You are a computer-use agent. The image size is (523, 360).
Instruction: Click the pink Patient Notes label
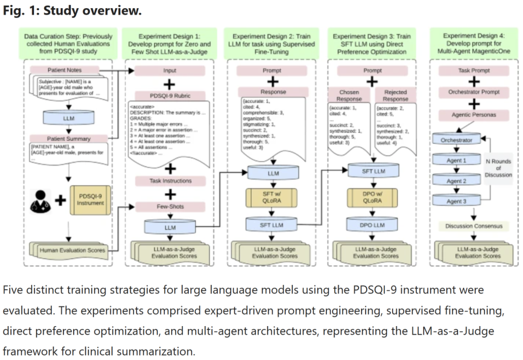pyautogui.click(x=63, y=70)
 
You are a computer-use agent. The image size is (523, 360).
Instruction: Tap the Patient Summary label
pyautogui.click(x=68, y=139)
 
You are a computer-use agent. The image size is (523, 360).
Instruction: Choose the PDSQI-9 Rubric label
pyautogui.click(x=169, y=96)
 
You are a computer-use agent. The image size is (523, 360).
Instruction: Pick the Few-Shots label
pyautogui.click(x=169, y=207)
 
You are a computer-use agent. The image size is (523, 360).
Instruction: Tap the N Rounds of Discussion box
pyautogui.click(x=497, y=168)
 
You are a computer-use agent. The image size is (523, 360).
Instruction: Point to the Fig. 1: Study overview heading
pyautogui.click(x=73, y=11)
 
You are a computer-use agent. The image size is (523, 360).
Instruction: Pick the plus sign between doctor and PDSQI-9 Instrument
pyautogui.click(x=60, y=199)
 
